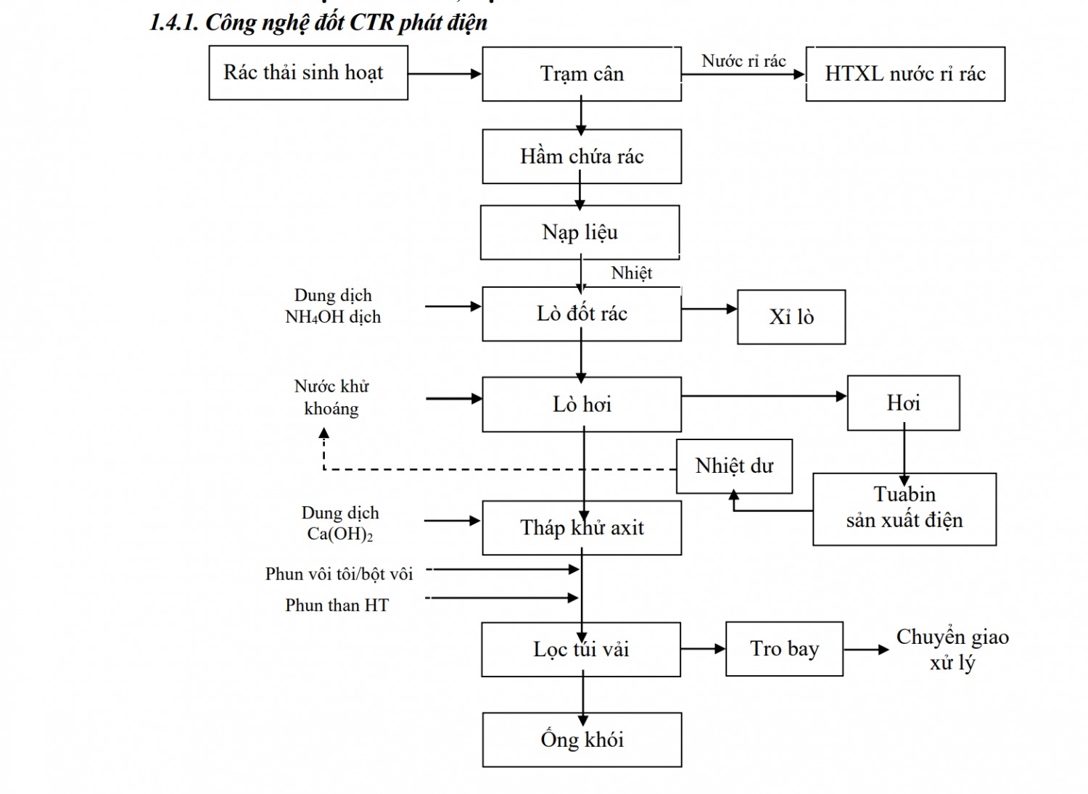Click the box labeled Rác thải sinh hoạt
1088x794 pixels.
(x=308, y=73)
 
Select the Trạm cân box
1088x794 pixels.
(x=582, y=74)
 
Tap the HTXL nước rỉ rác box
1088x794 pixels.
(x=905, y=74)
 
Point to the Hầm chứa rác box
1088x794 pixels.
(x=582, y=157)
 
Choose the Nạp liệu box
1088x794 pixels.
(x=580, y=232)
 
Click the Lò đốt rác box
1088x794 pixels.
(x=582, y=314)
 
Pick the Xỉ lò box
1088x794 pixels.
(x=791, y=317)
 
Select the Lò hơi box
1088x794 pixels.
(x=582, y=405)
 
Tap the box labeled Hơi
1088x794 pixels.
(x=903, y=403)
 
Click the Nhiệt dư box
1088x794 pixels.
(x=734, y=466)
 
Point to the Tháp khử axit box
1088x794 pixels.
(x=582, y=528)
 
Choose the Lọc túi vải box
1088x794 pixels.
(x=581, y=650)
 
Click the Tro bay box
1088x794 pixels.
(x=784, y=649)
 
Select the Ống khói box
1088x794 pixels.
(x=582, y=740)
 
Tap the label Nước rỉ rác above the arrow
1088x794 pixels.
(x=743, y=62)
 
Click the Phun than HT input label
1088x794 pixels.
(x=337, y=605)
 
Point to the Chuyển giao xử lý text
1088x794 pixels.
(x=952, y=650)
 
